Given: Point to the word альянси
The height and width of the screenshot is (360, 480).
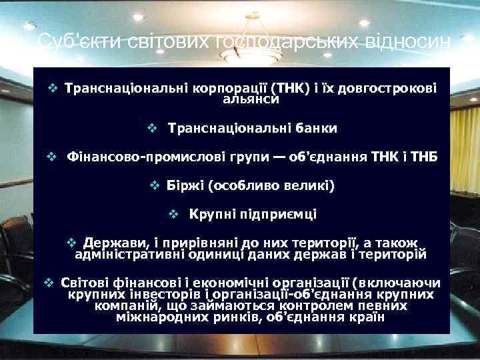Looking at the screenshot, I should pos(251,99).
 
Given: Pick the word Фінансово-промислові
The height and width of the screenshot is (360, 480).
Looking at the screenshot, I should pos(139,157).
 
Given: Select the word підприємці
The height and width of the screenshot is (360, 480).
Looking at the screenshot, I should pos(278,215).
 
